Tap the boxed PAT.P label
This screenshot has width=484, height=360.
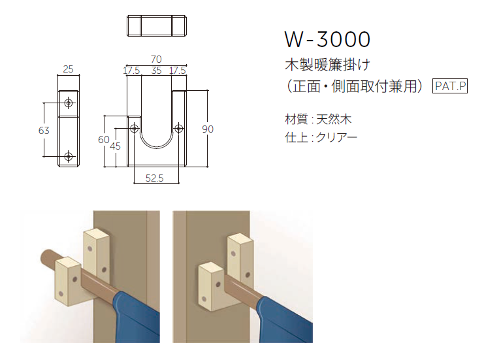451,86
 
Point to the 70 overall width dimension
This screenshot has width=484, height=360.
155,59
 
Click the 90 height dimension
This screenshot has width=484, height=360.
208,129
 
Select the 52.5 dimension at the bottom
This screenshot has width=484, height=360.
155,178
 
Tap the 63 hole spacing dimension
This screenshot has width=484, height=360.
44,130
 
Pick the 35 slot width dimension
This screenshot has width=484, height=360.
156,71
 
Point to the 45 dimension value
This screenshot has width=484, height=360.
116,146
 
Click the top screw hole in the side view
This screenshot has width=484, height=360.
69,103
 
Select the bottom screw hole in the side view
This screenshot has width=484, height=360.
69,156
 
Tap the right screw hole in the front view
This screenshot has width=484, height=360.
178,129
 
